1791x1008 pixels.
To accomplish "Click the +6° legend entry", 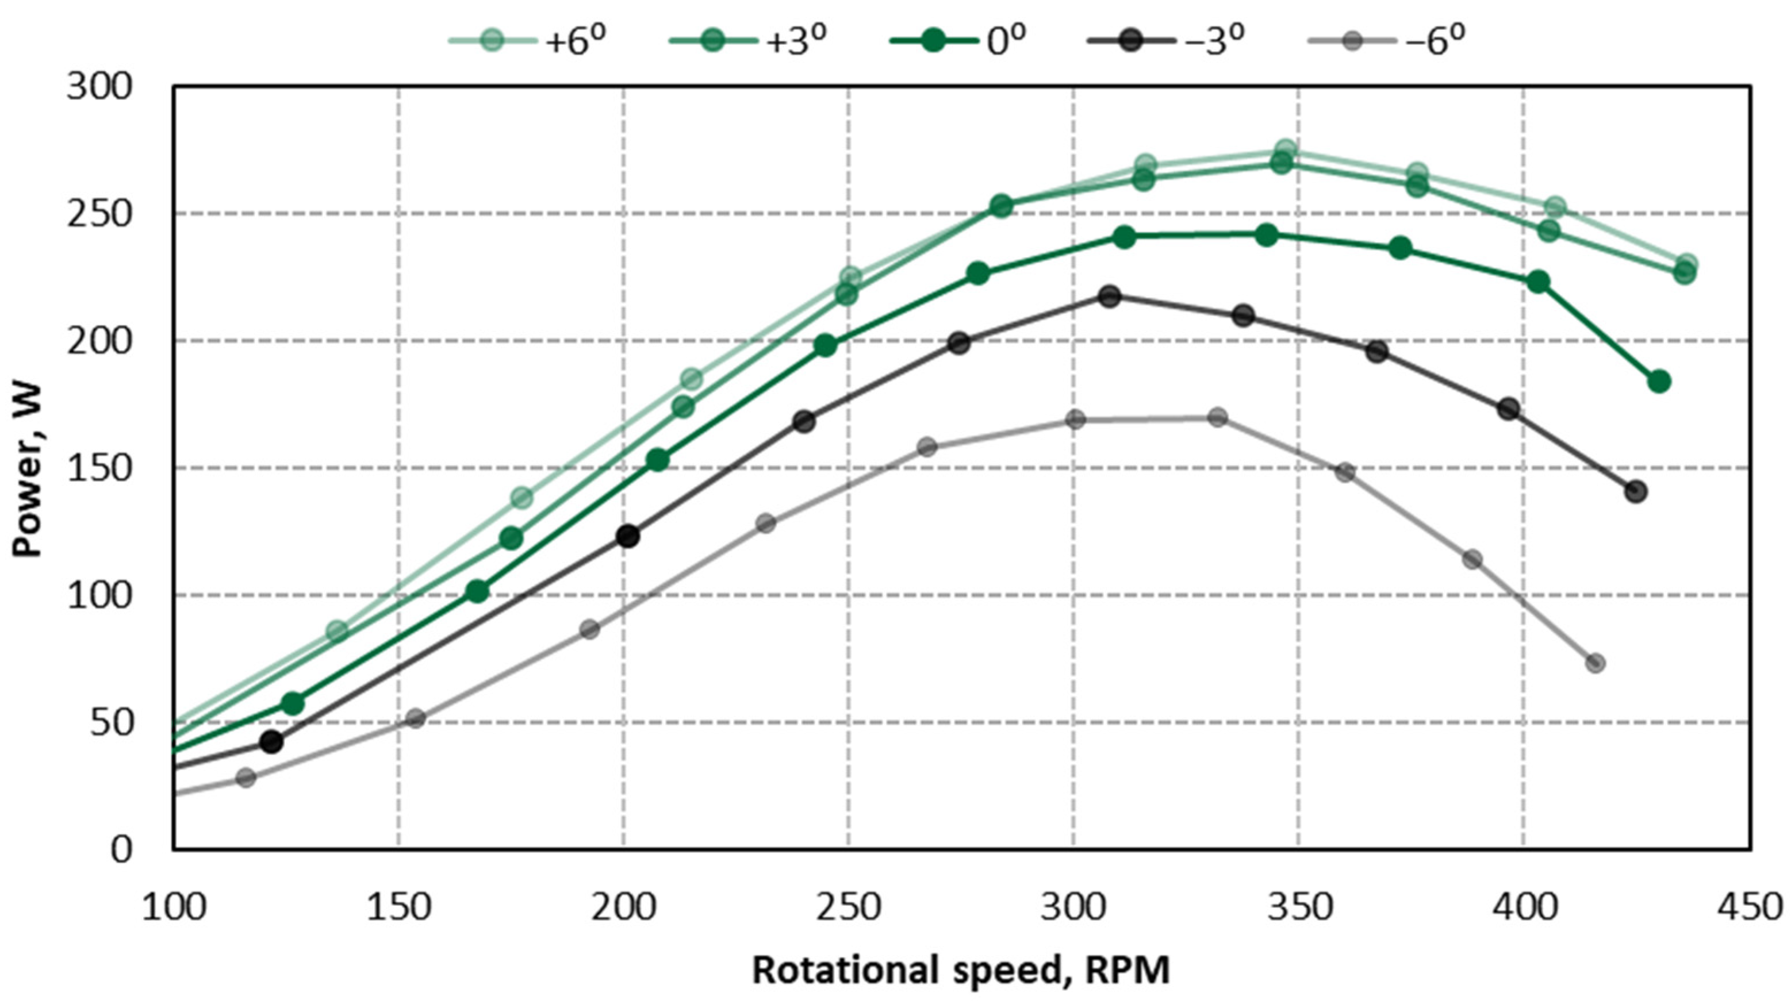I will (x=528, y=40).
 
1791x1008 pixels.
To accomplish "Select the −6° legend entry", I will (x=1386, y=40).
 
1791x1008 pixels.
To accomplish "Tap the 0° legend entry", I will (x=960, y=40).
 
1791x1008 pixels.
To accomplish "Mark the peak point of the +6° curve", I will (x=1286, y=150).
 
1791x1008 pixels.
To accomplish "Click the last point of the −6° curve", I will (x=1596, y=663).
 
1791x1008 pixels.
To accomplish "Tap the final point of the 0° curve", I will (x=1659, y=381).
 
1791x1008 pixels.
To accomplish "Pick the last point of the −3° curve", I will (x=1636, y=491).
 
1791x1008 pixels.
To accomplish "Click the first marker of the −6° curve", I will (x=246, y=777).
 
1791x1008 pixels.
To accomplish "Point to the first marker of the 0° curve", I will (x=293, y=703).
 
